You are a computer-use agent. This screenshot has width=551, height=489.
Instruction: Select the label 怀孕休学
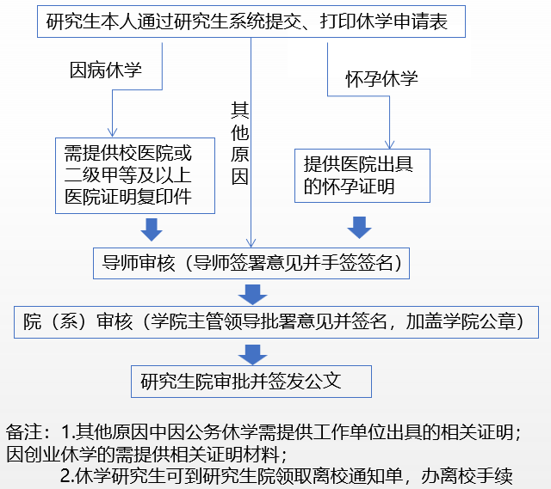(381, 79)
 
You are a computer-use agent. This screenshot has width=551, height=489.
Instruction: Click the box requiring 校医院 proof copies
(133, 175)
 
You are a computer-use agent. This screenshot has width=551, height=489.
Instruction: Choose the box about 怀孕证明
(362, 174)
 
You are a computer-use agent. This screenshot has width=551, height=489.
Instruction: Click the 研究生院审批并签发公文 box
(251, 380)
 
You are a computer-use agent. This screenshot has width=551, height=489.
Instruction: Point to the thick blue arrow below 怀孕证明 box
(359, 228)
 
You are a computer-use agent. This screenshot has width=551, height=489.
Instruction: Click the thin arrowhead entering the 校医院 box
(113, 133)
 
